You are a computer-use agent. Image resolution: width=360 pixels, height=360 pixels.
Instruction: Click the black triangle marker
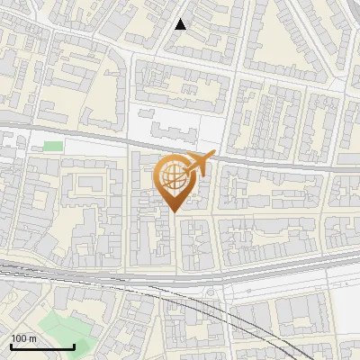point(181,24)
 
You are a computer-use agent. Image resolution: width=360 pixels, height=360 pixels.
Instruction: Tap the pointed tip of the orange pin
point(174,212)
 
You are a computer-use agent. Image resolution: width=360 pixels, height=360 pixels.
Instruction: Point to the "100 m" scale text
point(23,337)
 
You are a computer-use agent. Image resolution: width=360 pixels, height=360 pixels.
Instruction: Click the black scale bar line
point(42,346)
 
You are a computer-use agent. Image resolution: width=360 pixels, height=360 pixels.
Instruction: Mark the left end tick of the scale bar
point(11,345)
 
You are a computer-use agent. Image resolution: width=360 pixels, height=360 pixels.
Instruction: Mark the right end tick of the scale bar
point(74,345)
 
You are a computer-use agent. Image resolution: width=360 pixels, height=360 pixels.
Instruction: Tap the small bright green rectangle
point(53,146)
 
